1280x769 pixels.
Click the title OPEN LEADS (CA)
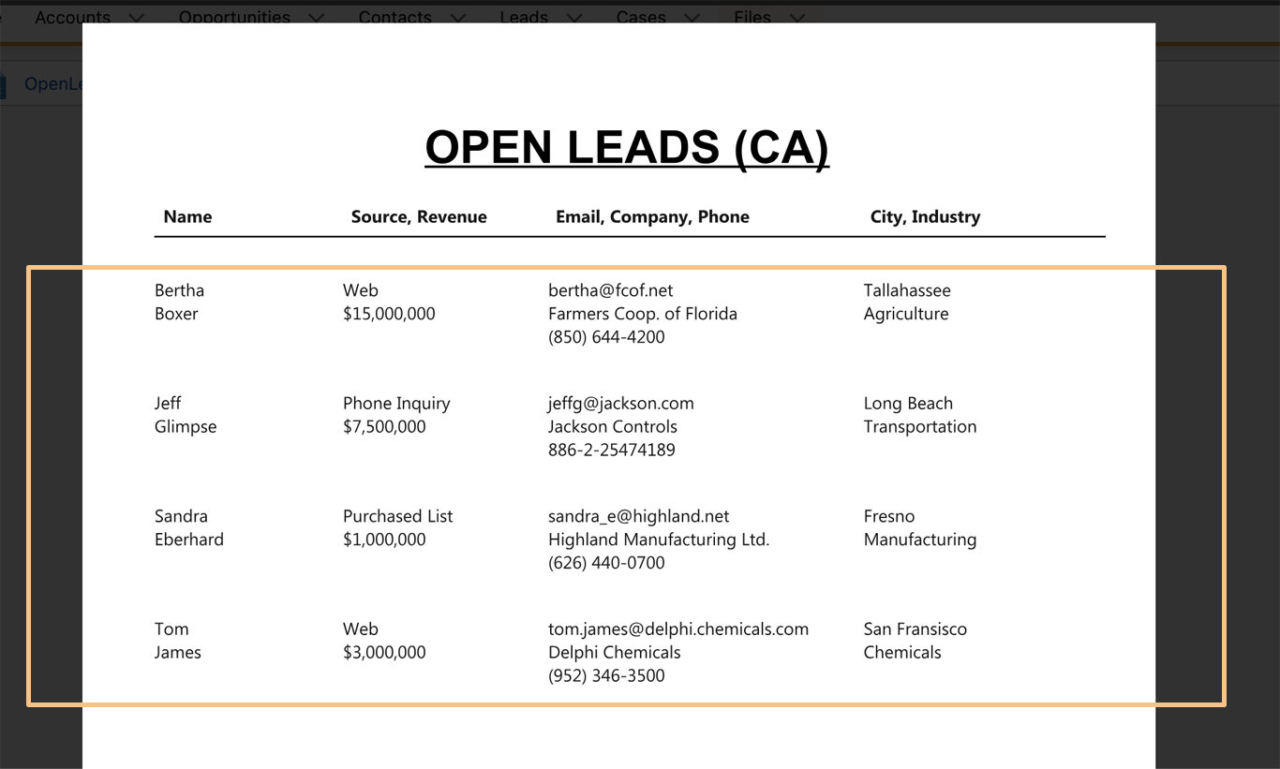tap(627, 148)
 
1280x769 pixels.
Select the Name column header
tap(187, 216)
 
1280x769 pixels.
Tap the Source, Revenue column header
tap(419, 216)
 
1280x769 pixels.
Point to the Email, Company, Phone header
tap(652, 216)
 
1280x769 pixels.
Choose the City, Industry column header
tap(925, 216)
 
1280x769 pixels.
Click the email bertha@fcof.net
tap(610, 290)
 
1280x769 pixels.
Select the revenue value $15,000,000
tap(389, 314)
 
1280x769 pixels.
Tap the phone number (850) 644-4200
tap(606, 337)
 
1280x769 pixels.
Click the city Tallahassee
tap(907, 290)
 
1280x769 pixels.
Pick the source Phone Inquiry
tap(396, 404)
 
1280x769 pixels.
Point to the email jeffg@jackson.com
tap(620, 404)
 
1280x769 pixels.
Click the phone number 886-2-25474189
tap(611, 450)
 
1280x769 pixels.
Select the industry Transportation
tap(920, 426)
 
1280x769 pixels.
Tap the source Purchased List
tap(397, 516)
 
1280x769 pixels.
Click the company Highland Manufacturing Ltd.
tap(658, 540)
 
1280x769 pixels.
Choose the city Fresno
tap(889, 516)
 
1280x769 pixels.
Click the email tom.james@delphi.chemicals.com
tap(677, 629)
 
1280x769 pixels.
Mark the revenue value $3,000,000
tap(384, 652)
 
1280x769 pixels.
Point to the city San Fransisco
tap(915, 629)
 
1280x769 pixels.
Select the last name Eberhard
tap(189, 540)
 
